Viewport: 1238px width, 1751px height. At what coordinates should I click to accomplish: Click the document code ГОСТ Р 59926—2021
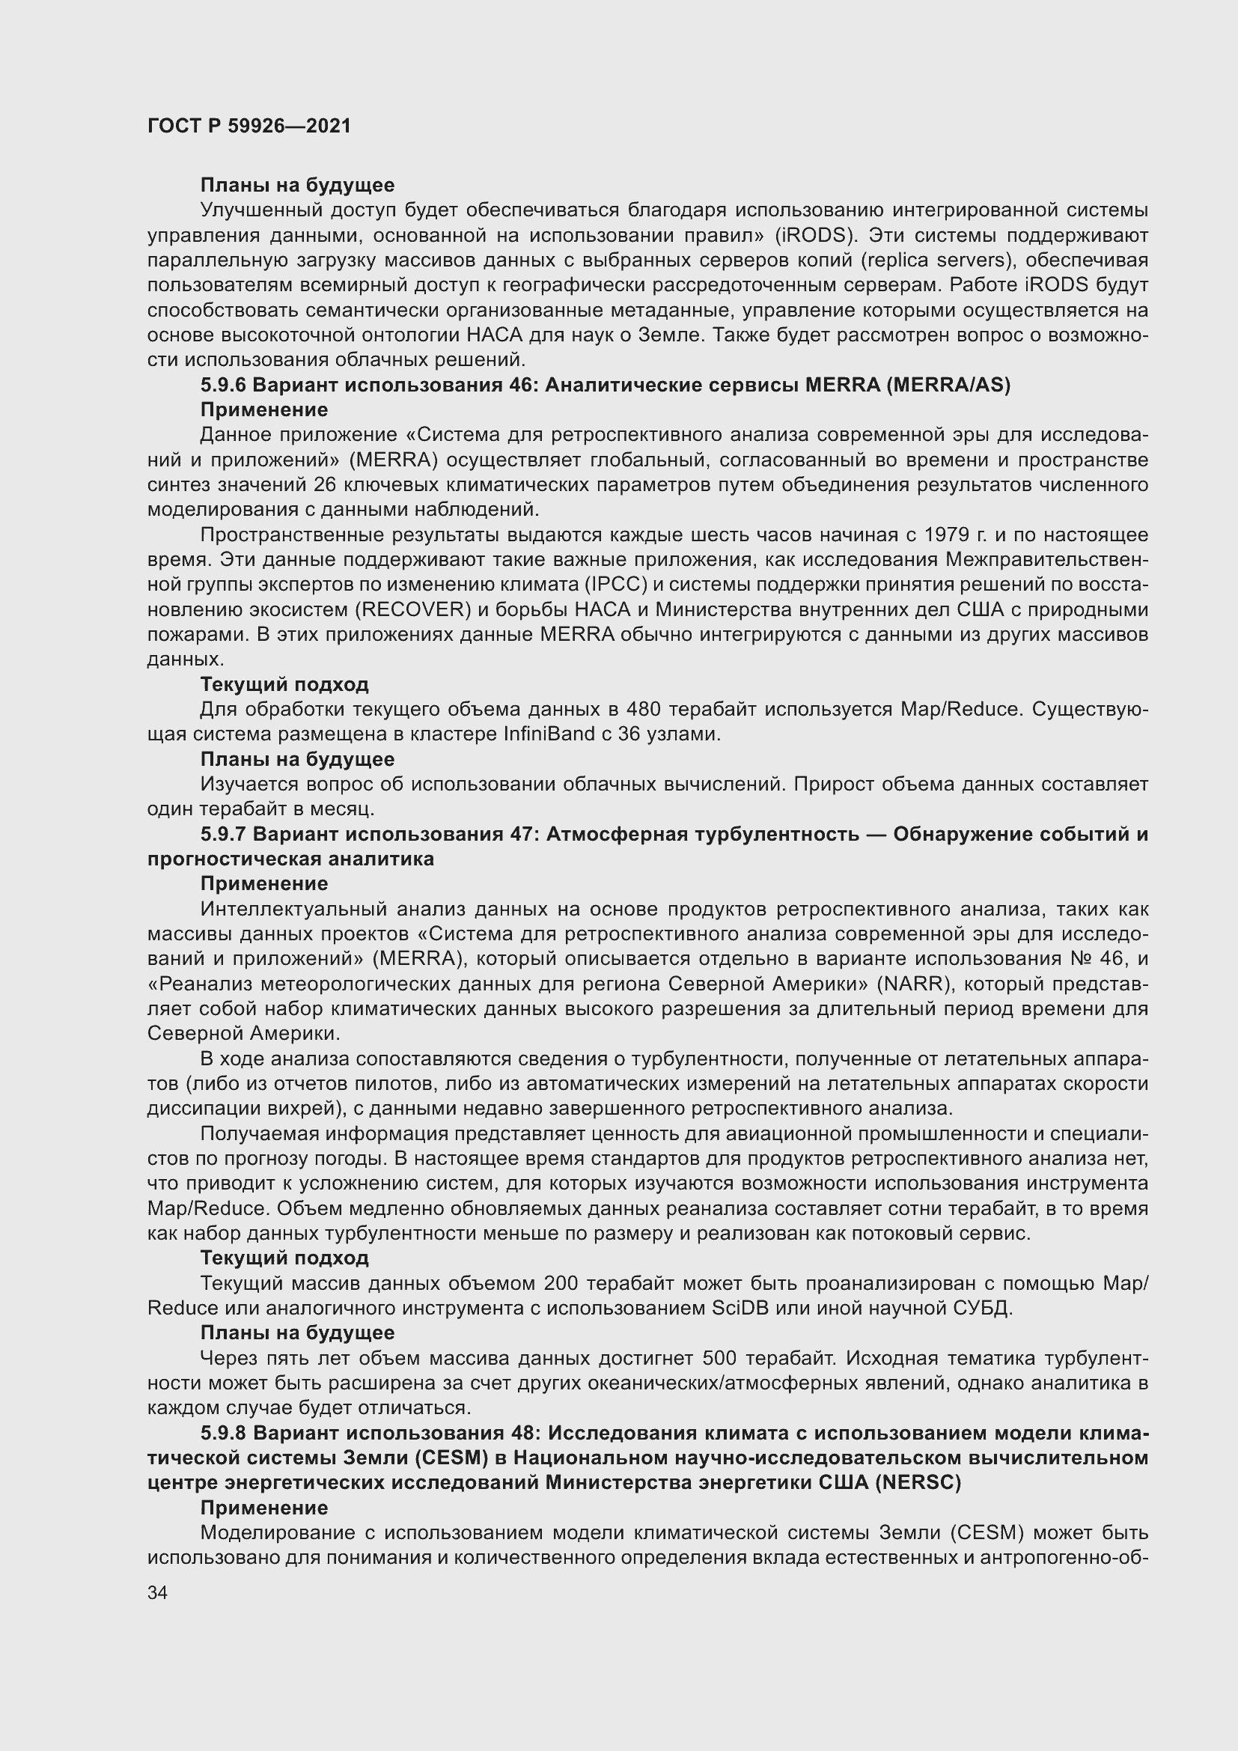(249, 126)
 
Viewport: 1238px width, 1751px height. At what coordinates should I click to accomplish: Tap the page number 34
(157, 1592)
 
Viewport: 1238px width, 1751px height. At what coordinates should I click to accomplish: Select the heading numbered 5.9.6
(605, 385)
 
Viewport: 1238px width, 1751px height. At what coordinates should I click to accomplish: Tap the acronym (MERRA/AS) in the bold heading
(948, 385)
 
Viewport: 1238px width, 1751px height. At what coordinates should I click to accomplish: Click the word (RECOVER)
(412, 610)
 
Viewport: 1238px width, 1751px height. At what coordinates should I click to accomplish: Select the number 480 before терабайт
(644, 709)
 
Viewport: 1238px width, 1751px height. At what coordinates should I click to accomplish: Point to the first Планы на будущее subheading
(297, 186)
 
